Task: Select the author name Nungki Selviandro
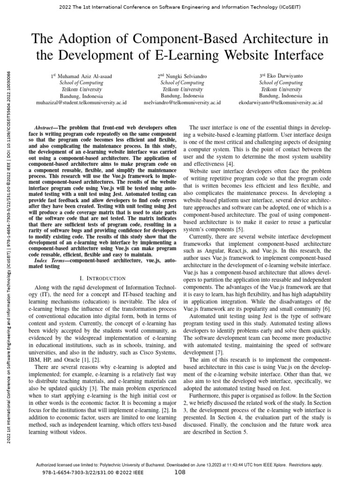click(x=183, y=75)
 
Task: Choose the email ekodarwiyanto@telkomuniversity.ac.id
click(x=281, y=102)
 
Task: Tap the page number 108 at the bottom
click(x=180, y=473)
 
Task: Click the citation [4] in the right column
click(x=230, y=165)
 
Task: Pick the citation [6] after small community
click(x=327, y=309)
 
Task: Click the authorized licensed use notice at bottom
click(x=180, y=465)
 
